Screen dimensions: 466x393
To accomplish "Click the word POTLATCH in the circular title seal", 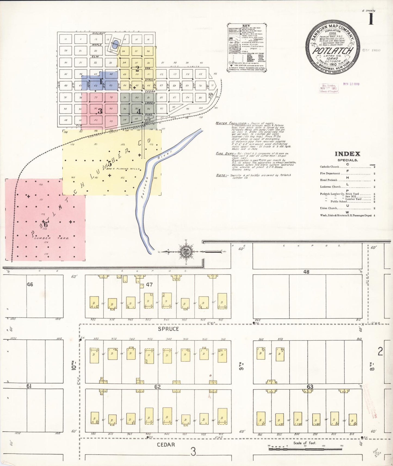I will coord(333,51).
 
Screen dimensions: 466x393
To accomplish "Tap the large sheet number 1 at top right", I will coord(371,19).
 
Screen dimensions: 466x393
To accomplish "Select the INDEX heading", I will coord(347,154).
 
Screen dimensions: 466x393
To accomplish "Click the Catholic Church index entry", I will coord(330,167).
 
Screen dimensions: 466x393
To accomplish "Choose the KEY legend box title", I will coord(246,26).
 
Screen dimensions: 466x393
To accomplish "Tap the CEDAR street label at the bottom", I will coord(166,445).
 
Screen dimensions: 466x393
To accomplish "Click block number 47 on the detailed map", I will coord(149,285).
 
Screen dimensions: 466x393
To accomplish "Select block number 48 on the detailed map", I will coord(306,272).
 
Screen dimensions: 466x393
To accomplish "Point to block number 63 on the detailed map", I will coord(310,387).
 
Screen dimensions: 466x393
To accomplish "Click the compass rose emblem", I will coord(186,252).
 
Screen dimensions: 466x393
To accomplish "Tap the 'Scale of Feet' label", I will coord(305,443).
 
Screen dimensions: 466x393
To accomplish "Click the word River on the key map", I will coord(164,155).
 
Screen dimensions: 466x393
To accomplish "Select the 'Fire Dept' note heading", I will coord(224,154).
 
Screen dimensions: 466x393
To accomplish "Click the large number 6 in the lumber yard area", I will coord(46,225).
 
